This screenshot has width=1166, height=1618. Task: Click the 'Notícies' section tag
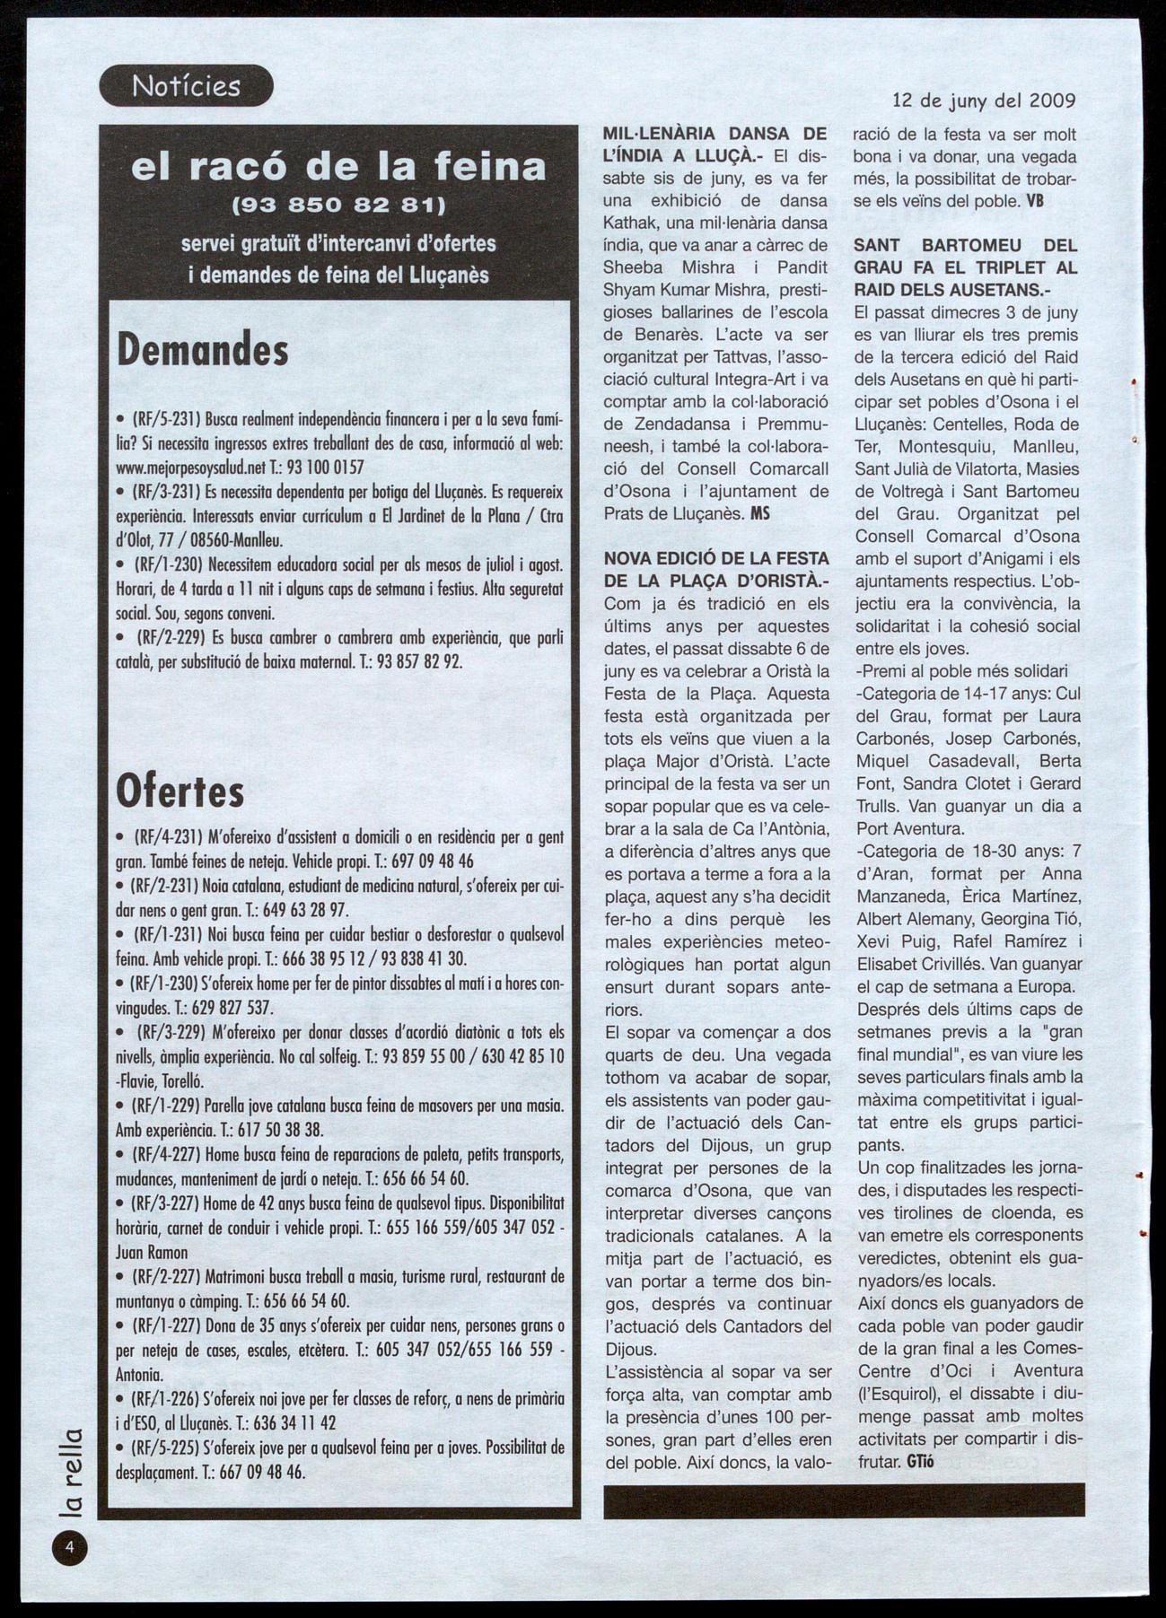(x=186, y=86)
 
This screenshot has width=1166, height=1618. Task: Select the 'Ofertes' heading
(x=180, y=791)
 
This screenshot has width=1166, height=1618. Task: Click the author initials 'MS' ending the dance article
(x=759, y=513)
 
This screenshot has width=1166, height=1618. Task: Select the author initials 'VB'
(x=1035, y=201)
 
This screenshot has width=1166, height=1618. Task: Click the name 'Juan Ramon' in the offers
(x=152, y=1253)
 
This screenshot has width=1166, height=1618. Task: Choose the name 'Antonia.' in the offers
(x=140, y=1375)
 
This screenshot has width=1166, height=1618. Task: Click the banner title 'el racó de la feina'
(x=338, y=167)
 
